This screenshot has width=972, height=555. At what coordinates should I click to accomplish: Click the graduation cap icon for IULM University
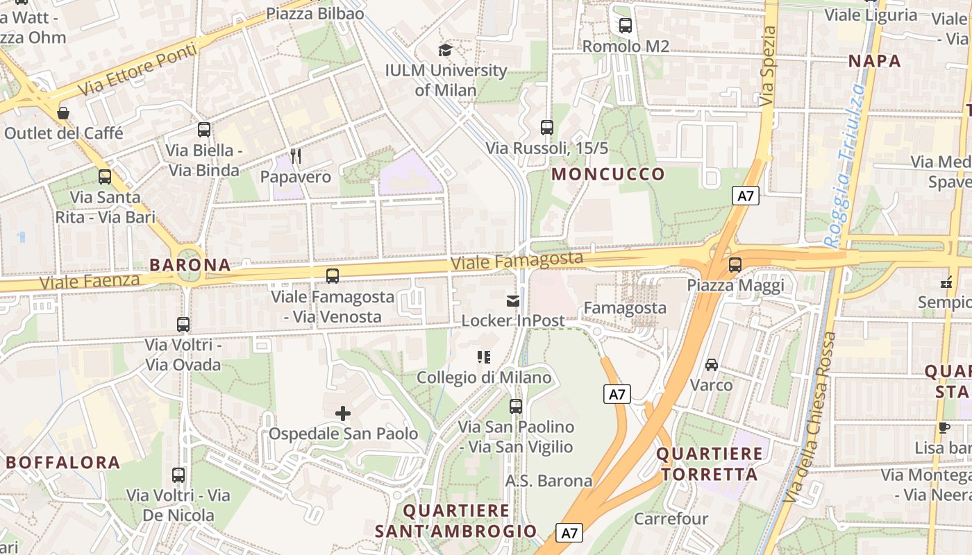coord(445,50)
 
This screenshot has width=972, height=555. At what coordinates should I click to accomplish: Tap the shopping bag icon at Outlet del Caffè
coord(63,112)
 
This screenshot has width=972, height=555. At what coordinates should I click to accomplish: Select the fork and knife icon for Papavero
coord(296,156)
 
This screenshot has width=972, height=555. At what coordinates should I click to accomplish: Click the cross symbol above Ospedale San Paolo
coord(343,413)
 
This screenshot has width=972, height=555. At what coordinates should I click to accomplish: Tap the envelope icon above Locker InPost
coord(513,300)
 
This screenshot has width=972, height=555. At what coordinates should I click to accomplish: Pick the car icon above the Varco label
coord(712,364)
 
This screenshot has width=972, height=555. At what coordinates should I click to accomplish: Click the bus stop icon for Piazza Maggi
coord(735,265)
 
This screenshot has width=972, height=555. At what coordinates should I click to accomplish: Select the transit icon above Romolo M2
coord(626,26)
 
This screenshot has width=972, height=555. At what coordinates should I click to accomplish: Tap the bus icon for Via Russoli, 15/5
coord(547,128)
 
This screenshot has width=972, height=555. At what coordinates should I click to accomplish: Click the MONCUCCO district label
coord(608,174)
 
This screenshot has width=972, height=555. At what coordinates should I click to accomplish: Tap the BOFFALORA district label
coord(63,463)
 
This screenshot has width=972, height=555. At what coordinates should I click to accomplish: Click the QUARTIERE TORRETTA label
coord(709,464)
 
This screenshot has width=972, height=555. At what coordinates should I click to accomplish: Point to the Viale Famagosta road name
coord(517,261)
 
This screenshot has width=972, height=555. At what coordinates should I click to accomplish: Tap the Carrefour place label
coord(671,519)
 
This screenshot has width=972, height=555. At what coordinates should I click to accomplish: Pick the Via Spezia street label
coord(767,67)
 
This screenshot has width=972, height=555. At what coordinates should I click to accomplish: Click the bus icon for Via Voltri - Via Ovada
coord(183,325)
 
